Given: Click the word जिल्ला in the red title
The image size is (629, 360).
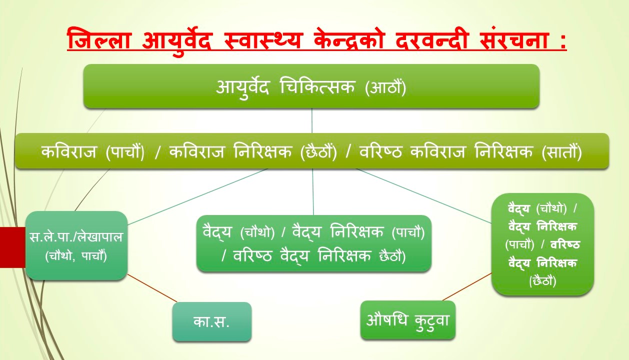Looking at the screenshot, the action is click(x=98, y=40).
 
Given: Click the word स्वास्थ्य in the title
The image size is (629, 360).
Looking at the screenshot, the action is click(x=262, y=40).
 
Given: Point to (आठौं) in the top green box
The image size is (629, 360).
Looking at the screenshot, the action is click(x=385, y=87).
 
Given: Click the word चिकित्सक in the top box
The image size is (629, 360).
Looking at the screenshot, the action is click(x=317, y=86).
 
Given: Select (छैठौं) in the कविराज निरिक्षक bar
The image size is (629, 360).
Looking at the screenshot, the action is click(x=318, y=152).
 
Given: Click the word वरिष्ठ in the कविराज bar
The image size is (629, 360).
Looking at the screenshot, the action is click(x=380, y=152).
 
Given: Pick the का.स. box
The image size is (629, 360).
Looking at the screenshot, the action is click(x=212, y=321).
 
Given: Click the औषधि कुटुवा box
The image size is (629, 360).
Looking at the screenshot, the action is click(x=407, y=320).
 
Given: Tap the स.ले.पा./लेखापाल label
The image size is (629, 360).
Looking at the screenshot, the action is click(x=76, y=237).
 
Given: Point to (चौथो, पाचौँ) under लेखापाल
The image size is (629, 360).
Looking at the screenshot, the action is click(x=76, y=256).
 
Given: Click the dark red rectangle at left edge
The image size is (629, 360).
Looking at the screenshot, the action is click(x=12, y=247).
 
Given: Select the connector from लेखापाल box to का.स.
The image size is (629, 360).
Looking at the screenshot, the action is click(x=152, y=288).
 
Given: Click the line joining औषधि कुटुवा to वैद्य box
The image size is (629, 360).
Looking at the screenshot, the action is click(x=467, y=286).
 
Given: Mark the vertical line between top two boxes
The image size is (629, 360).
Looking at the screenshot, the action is click(x=312, y=120).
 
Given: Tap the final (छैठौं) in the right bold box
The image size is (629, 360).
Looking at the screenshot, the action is click(x=542, y=281).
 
